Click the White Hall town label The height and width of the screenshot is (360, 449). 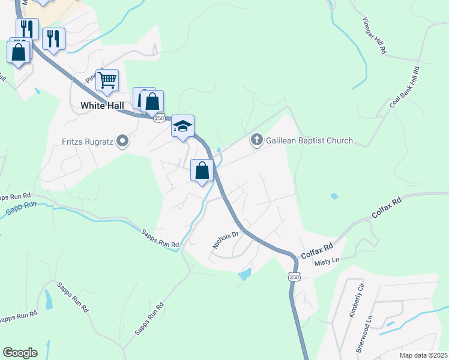[102, 105]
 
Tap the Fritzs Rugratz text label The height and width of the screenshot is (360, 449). [89, 142]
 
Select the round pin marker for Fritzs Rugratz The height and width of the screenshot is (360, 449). [123, 142]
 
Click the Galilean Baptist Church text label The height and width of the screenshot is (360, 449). [310, 141]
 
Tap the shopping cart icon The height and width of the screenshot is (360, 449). [107, 80]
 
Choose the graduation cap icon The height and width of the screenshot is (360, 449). [183, 126]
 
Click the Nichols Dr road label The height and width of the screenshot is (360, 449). [226, 239]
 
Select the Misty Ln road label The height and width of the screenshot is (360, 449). [328, 259]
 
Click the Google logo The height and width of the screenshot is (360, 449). [20, 353]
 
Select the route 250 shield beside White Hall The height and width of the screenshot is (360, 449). [159, 118]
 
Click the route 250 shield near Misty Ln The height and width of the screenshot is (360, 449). [294, 276]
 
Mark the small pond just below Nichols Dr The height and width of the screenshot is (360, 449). [245, 275]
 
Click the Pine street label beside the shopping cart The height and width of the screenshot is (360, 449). [91, 77]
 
